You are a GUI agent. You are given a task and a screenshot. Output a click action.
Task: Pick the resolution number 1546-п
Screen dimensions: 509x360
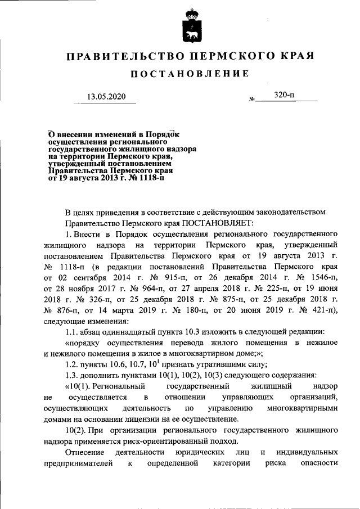(323, 277)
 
